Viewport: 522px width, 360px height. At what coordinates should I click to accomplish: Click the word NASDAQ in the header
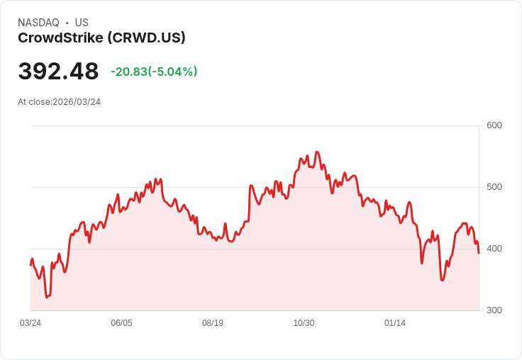click(x=38, y=23)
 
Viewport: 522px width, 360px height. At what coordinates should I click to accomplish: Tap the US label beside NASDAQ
click(x=82, y=23)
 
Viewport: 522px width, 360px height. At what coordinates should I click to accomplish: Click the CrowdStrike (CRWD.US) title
click(x=101, y=38)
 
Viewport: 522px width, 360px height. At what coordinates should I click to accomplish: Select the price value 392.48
click(x=58, y=72)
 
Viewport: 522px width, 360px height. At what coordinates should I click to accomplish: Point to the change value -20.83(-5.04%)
click(x=154, y=72)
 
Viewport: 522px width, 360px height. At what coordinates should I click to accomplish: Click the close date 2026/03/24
click(x=77, y=102)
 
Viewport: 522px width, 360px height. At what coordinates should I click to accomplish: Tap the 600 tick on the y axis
click(x=494, y=125)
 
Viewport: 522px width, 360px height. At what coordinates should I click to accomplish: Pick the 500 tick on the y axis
click(x=494, y=187)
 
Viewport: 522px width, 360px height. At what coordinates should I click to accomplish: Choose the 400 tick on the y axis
click(x=494, y=249)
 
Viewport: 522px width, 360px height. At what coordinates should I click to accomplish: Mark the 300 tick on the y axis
click(x=494, y=310)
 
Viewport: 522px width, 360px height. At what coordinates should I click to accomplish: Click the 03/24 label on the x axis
click(x=30, y=323)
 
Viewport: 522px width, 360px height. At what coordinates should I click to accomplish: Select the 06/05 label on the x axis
click(x=121, y=323)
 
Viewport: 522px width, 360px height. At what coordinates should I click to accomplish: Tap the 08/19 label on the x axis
click(x=213, y=323)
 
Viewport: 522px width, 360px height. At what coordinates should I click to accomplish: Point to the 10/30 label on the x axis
click(x=304, y=323)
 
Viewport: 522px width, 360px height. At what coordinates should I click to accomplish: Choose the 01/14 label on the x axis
click(x=395, y=323)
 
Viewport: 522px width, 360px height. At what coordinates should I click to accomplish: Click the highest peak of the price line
click(x=317, y=152)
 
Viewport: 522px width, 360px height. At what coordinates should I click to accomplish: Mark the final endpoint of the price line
click(x=479, y=253)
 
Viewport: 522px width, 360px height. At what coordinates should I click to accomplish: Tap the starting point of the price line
click(x=30, y=264)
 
